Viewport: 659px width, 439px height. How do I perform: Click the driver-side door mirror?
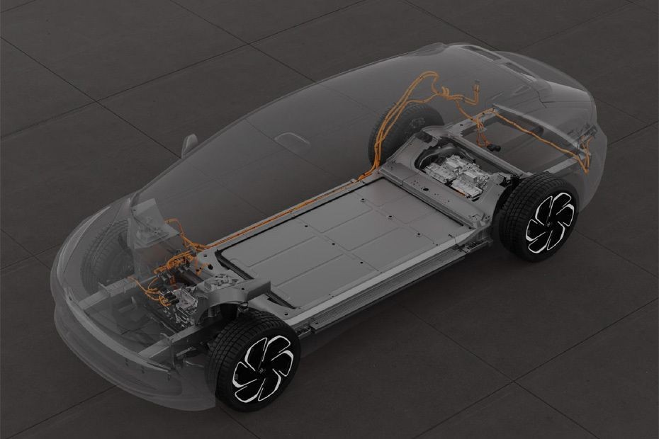[188, 144]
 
